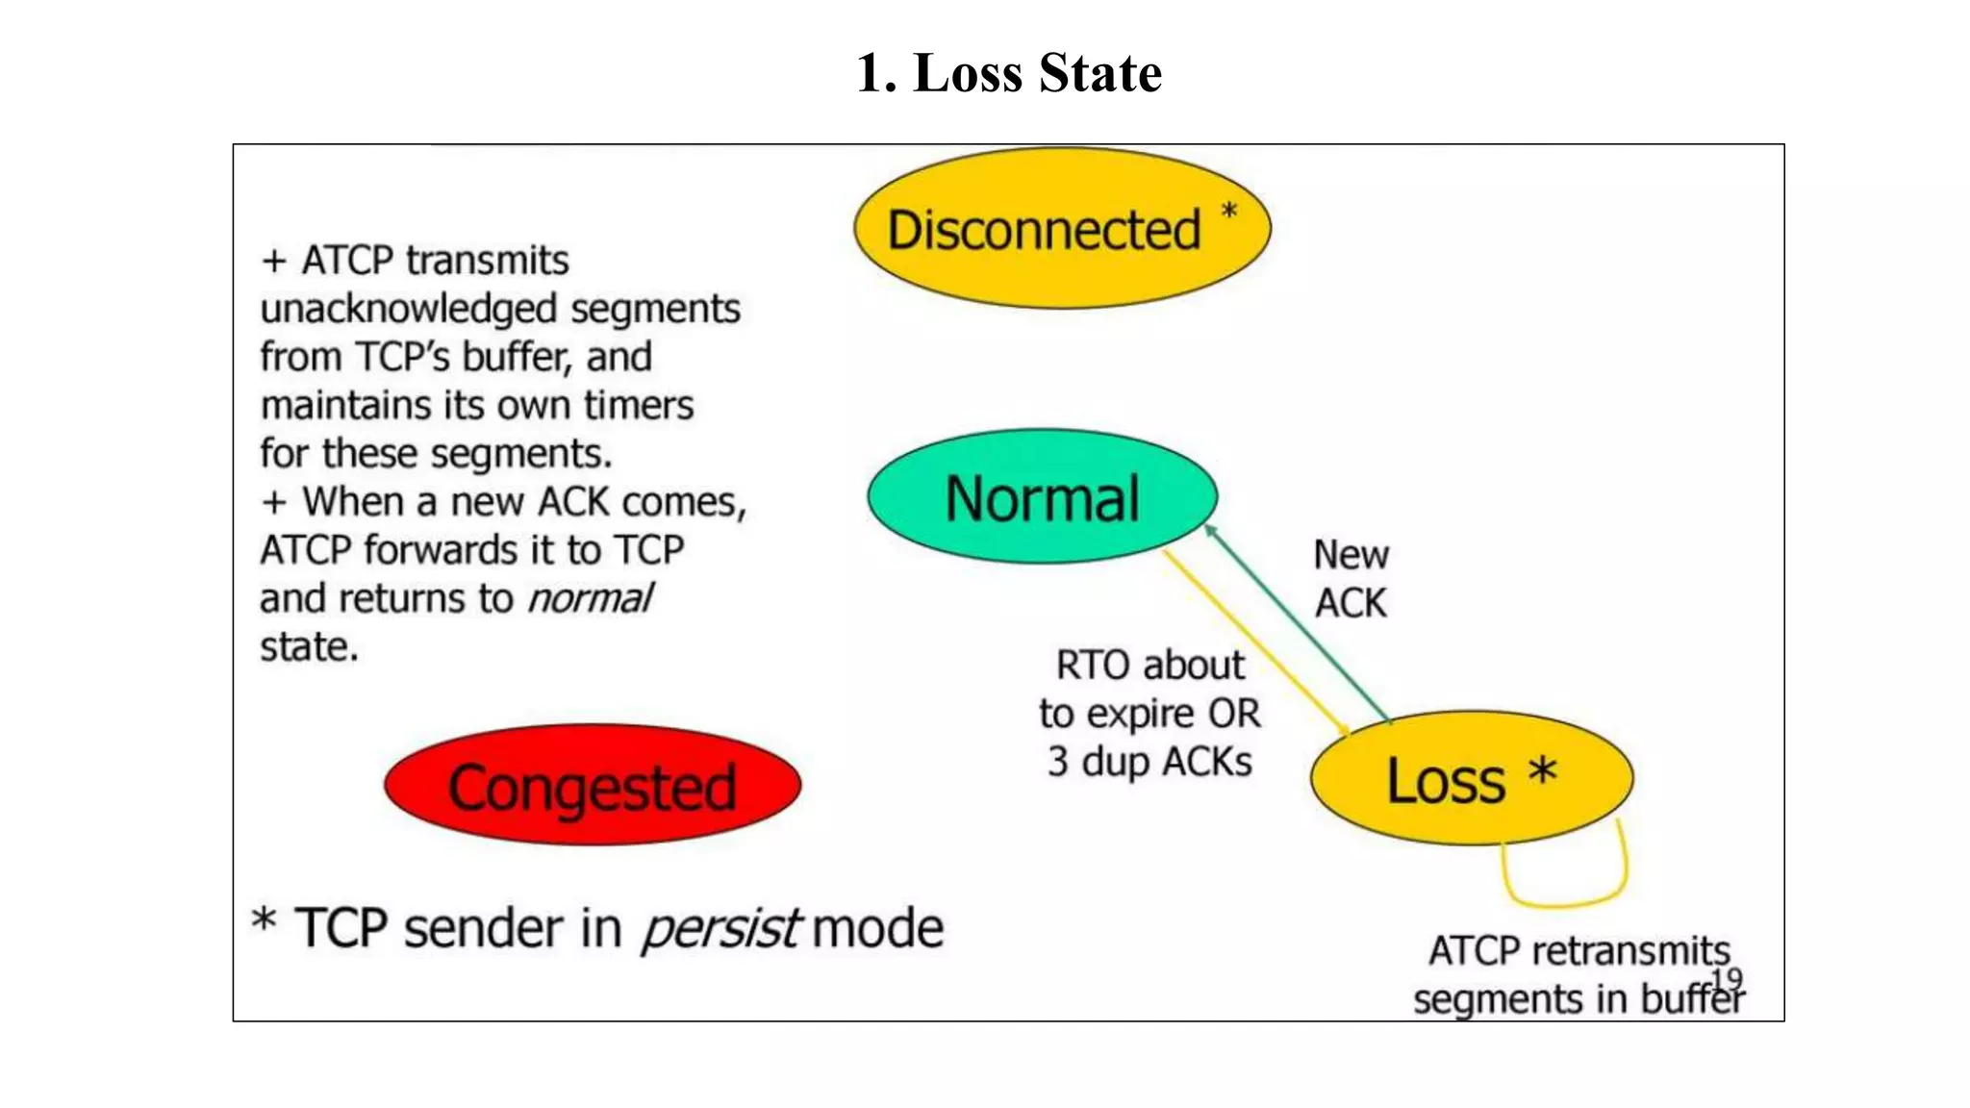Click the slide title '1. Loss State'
1009,73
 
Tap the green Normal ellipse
1042,497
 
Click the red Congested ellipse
592,786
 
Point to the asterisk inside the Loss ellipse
1542,771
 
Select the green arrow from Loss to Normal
1299,625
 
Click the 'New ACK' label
1351,579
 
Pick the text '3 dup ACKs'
1149,762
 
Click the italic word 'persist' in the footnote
720,929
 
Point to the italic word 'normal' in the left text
590,598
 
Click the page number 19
1727,979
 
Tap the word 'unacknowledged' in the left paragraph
409,310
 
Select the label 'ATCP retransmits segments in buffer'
1578,973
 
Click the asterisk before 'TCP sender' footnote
264,919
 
